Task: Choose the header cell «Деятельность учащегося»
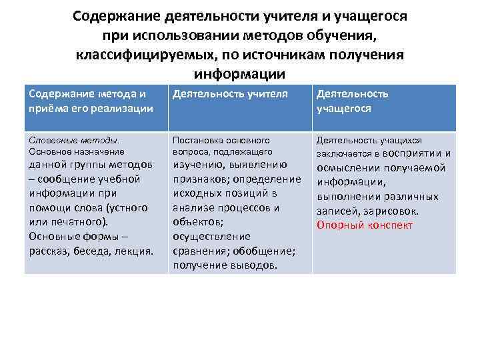(353, 101)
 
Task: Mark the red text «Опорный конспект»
(365, 225)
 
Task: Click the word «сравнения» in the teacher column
(197, 251)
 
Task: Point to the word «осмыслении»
(345, 167)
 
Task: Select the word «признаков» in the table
(200, 179)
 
